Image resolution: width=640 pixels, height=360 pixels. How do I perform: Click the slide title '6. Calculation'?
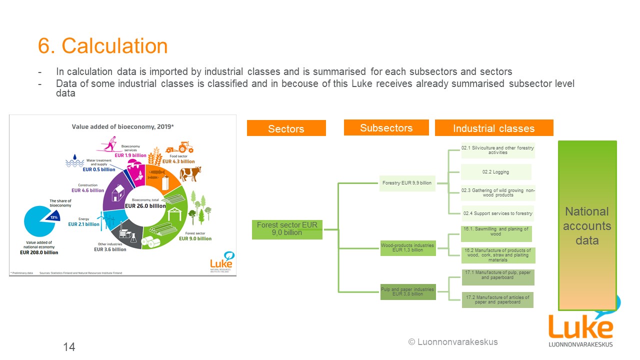point(103,46)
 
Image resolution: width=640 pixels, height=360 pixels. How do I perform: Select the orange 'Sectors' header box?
point(286,128)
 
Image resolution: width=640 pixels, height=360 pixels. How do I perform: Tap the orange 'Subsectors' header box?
point(386,127)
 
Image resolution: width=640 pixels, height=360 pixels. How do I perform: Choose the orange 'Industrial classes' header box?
point(493,128)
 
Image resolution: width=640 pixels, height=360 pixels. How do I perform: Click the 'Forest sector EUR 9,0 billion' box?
point(287,228)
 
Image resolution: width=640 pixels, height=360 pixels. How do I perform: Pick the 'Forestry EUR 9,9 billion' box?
point(406,183)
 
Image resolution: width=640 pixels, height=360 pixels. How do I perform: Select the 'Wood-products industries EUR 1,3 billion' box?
point(407,247)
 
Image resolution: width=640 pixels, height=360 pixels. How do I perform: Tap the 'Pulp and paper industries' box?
point(407,291)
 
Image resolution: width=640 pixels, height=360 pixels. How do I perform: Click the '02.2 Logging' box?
point(495,172)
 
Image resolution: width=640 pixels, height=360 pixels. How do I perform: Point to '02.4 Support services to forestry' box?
point(497,213)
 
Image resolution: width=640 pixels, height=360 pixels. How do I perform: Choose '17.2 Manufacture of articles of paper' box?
point(497,299)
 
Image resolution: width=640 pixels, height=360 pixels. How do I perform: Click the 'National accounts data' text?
point(587,225)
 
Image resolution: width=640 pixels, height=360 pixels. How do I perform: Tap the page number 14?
point(69,346)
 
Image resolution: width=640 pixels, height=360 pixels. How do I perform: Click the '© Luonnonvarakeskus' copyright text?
point(453,342)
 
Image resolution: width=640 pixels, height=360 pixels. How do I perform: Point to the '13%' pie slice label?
point(53,217)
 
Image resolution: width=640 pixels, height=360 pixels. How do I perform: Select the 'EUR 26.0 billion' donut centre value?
point(145,205)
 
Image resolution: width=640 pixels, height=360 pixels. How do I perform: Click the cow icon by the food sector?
point(190,174)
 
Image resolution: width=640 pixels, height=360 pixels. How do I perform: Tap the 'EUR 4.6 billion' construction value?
point(87,190)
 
